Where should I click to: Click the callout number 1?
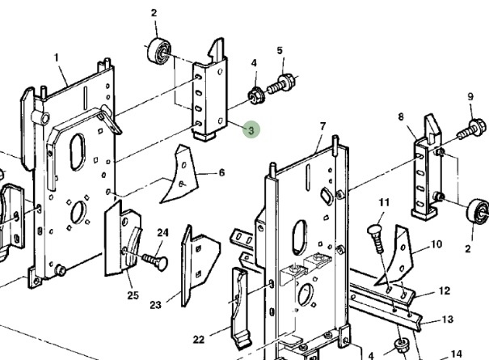click(57, 57)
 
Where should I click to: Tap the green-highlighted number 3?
click(251, 129)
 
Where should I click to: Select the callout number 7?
click(322, 127)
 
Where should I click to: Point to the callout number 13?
click(448, 320)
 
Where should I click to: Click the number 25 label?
click(133, 295)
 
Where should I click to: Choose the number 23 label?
click(156, 306)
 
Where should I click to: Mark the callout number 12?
click(444, 290)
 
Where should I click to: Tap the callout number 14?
click(456, 353)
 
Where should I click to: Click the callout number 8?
click(400, 117)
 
